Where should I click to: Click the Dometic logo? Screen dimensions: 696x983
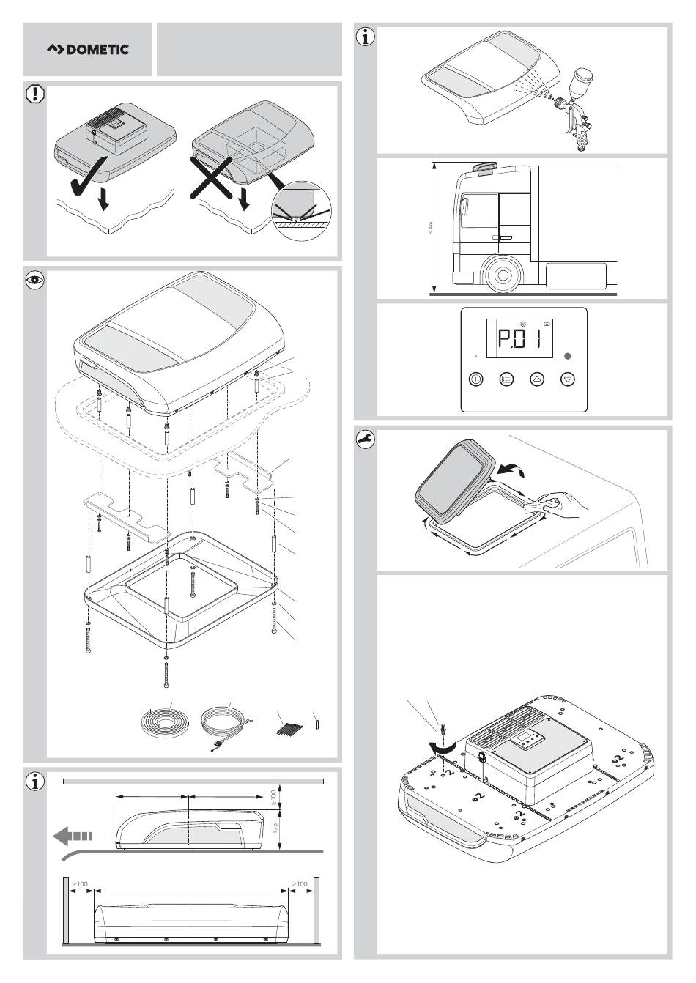click(88, 50)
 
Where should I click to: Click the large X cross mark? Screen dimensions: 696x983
click(211, 177)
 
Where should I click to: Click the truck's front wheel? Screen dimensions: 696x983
click(503, 275)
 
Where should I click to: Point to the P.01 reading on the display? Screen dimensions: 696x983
click(519, 339)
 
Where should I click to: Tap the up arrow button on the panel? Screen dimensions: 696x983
click(537, 379)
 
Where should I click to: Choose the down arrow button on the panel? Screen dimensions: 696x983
click(568, 379)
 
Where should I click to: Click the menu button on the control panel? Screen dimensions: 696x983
click(506, 379)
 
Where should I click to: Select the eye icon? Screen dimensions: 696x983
click(35, 281)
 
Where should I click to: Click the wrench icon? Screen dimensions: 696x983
click(365, 439)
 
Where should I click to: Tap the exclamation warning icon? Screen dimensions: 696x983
click(35, 94)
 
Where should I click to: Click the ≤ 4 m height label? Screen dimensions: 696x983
click(431, 228)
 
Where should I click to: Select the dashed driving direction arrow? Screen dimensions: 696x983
click(73, 836)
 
